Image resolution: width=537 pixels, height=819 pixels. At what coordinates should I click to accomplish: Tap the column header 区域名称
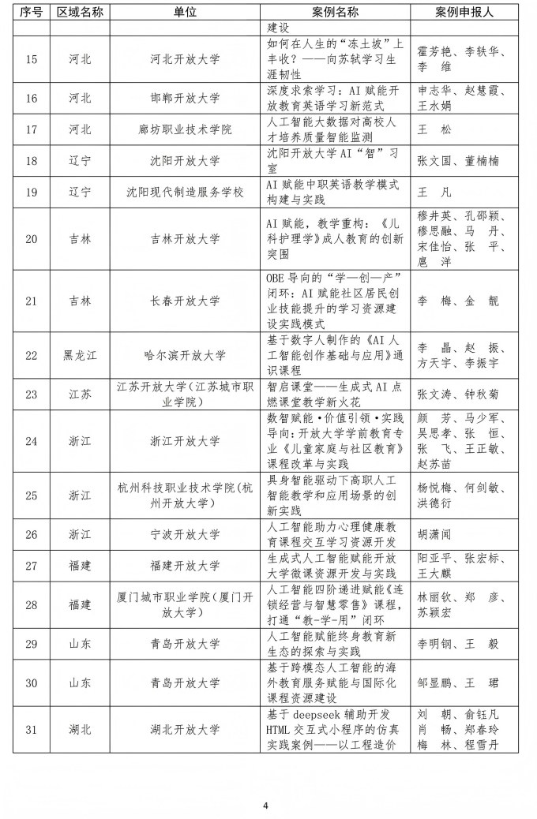click(80, 13)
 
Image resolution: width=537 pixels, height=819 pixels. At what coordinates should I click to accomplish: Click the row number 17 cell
click(32, 129)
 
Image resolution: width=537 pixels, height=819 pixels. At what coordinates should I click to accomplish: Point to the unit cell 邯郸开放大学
click(185, 99)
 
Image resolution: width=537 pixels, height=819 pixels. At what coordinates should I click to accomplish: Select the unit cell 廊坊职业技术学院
click(185, 129)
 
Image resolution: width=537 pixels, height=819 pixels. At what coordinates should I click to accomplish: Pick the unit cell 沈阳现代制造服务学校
click(185, 192)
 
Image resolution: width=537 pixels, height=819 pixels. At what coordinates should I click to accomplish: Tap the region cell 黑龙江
click(80, 355)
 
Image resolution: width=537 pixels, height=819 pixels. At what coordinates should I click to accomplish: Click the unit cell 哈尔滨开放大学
click(185, 355)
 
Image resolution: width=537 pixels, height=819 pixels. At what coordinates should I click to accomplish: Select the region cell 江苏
click(80, 394)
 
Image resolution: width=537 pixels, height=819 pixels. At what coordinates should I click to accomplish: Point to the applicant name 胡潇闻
click(434, 534)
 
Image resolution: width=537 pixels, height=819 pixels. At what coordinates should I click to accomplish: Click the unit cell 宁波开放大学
click(185, 534)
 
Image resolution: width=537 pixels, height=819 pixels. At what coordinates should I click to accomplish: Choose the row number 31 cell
click(32, 729)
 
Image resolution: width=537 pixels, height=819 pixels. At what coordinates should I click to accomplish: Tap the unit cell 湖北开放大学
click(185, 729)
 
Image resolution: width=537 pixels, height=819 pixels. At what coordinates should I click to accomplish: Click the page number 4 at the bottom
click(266, 806)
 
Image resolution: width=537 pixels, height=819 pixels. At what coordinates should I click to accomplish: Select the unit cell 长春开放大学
click(185, 301)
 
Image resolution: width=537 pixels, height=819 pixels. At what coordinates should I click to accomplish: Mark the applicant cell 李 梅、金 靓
click(447, 301)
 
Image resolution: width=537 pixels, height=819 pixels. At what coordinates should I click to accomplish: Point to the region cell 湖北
click(80, 729)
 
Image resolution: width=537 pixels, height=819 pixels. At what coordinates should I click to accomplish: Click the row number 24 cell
click(32, 440)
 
